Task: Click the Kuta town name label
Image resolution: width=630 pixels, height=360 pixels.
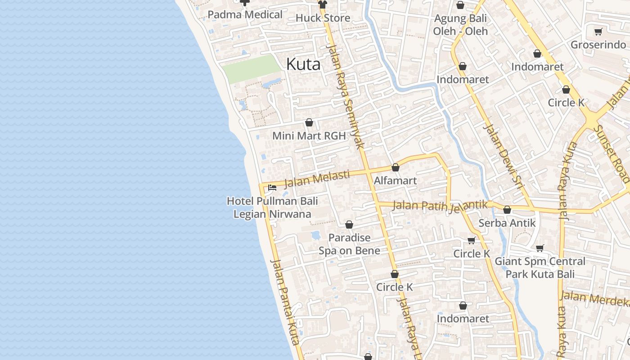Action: pos(303,64)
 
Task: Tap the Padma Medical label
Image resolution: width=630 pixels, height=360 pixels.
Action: pos(245,14)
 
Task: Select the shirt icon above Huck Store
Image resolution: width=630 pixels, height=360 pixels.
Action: pos(322,4)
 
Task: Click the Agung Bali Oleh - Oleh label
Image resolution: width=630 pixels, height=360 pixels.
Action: pos(460,25)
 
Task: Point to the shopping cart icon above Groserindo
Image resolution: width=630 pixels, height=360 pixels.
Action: pos(598,31)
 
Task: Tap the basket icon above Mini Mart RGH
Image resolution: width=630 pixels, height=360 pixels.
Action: pos(309,122)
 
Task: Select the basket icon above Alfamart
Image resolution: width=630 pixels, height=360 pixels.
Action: pos(396,167)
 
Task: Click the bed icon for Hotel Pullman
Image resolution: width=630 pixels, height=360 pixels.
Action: pos(272,188)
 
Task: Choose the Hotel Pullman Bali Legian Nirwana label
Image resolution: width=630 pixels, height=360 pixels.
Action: pos(272,207)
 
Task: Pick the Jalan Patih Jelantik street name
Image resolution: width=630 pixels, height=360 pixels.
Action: pos(440,206)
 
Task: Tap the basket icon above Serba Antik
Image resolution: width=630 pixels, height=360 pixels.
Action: pos(507,210)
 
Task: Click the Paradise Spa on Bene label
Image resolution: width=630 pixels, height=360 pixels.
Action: pos(349,244)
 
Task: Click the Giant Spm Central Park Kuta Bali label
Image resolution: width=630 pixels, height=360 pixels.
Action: pos(540,267)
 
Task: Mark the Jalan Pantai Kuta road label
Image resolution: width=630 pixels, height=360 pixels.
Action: pos(285,301)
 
